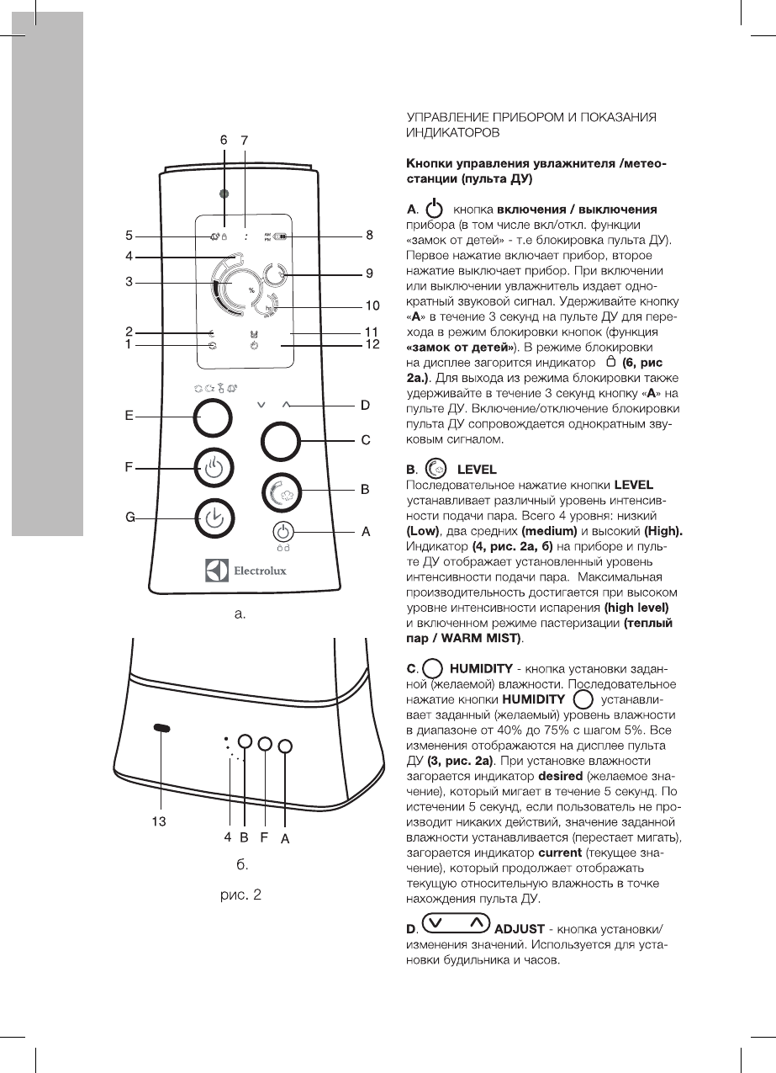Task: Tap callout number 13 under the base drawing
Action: (x=157, y=821)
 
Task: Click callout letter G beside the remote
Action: (x=131, y=518)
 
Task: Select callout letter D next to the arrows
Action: (x=366, y=405)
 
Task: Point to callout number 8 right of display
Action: (x=369, y=235)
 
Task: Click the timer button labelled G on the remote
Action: (x=214, y=519)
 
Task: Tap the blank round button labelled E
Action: (x=213, y=417)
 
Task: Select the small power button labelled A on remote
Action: (x=284, y=532)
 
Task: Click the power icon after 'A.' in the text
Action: (x=433, y=208)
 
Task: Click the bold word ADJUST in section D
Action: (x=520, y=929)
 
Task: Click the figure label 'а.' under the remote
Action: (x=240, y=614)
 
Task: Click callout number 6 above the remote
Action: (x=224, y=140)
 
